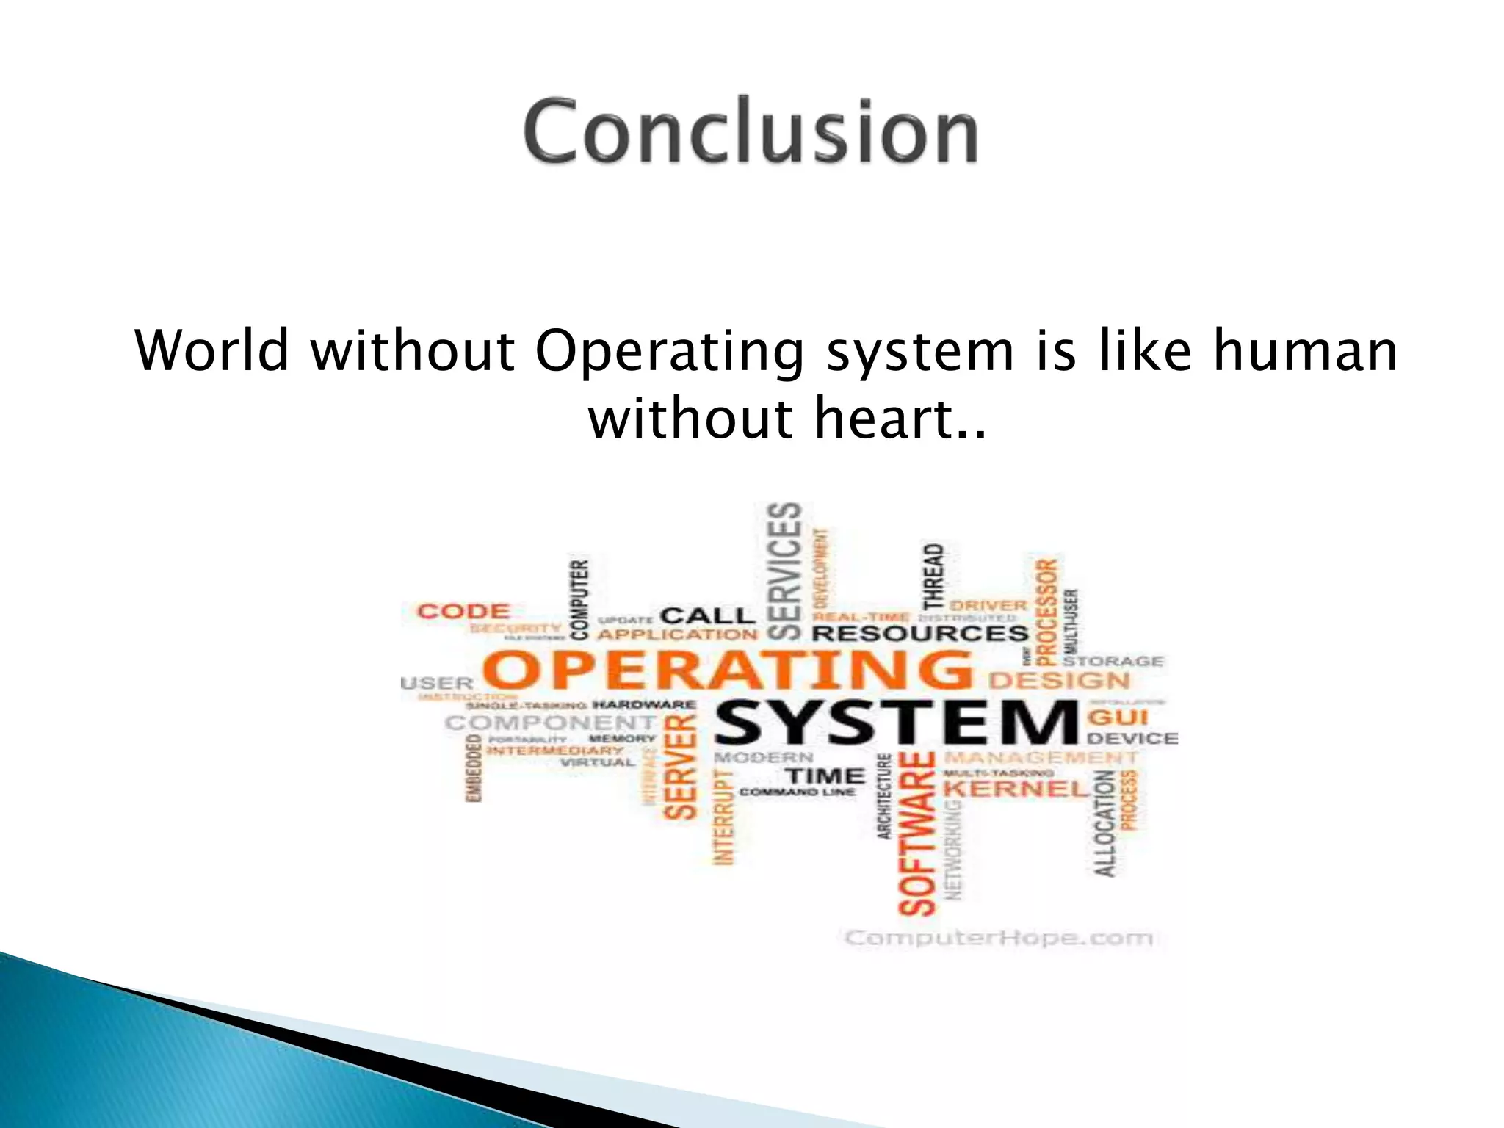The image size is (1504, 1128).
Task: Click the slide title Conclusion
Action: [x=751, y=132]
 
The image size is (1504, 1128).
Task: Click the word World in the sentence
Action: [x=212, y=351]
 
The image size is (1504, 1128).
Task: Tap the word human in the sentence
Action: [x=1305, y=351]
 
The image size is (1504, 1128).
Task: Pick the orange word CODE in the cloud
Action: [x=463, y=612]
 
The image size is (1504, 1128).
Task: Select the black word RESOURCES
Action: [x=920, y=634]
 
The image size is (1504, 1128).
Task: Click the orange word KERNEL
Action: [x=1016, y=789]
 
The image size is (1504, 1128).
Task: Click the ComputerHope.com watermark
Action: [x=999, y=939]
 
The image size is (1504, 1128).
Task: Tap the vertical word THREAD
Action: [x=933, y=577]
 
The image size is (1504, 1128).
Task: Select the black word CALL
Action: [x=707, y=615]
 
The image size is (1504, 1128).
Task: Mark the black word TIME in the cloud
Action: [x=825, y=775]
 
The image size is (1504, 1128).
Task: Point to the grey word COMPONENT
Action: [x=550, y=723]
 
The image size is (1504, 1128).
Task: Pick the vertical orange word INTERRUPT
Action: [x=724, y=817]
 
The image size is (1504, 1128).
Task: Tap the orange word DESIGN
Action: [x=1059, y=681]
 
